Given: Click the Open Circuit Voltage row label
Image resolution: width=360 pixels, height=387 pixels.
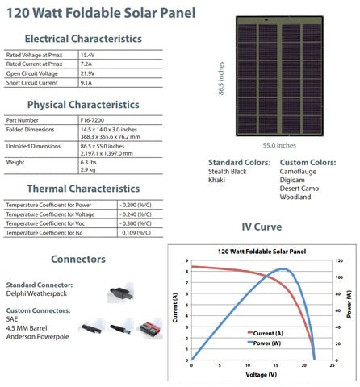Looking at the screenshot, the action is pos(31,73).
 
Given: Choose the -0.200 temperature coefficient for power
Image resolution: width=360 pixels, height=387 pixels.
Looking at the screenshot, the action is pos(136,205).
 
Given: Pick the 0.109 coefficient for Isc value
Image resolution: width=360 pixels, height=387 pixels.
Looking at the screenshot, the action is pos(135,233).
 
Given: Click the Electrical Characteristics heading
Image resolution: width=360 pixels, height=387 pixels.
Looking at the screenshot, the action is pos(83,38).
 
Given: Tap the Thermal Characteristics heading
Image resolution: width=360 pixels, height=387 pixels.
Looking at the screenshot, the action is pos(83,189).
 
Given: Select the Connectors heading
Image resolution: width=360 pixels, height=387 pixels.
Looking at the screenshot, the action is pos(77,259).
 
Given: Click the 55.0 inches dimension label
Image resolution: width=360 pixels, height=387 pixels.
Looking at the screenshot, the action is pos(279,146).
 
